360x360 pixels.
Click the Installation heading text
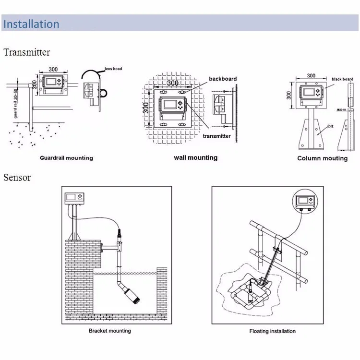coord(32,24)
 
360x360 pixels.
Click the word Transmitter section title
coord(26,52)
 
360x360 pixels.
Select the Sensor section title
coord(17,178)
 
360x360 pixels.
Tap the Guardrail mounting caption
coord(66,158)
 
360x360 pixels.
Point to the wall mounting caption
coord(195,157)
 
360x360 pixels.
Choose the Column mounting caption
coord(322,158)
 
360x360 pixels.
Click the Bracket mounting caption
coord(109,331)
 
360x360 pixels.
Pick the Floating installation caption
coord(272,331)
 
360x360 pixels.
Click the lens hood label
coord(114,69)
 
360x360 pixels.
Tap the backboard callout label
coord(223,79)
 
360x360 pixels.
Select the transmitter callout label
coord(216,136)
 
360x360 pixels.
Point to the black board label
coord(342,79)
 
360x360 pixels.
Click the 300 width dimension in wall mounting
coord(173,83)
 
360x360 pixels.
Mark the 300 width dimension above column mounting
coord(311,75)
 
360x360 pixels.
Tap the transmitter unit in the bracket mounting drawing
coord(73,198)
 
